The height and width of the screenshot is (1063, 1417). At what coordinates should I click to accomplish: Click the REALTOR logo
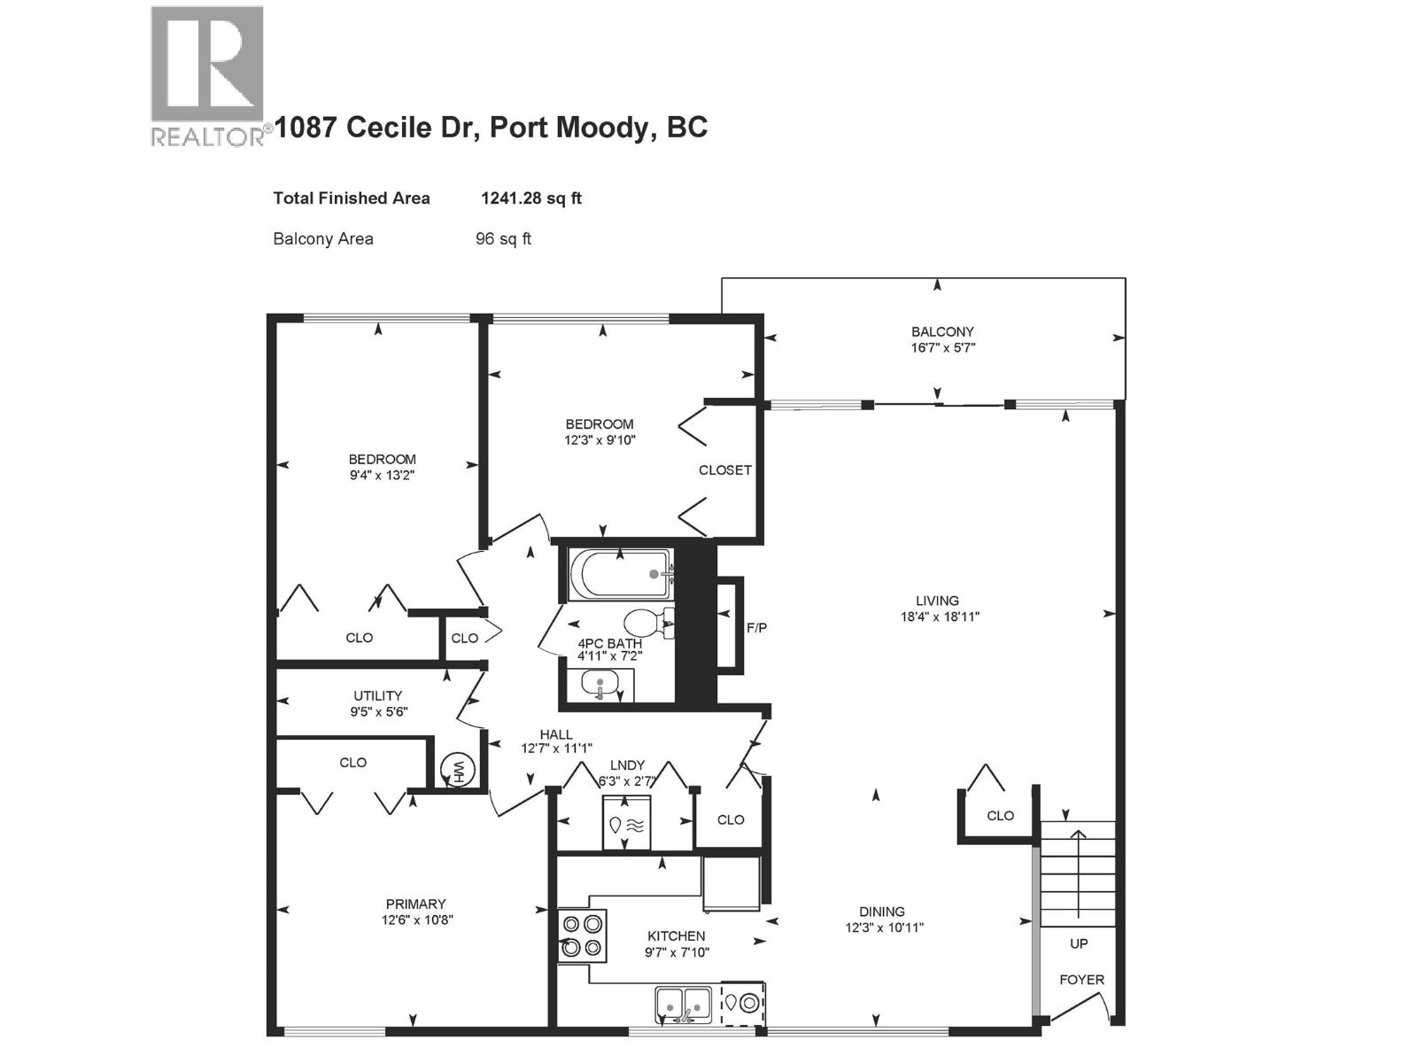207,74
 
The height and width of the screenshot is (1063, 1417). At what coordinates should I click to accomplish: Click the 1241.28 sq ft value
530,198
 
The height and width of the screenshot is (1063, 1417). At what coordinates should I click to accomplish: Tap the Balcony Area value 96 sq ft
503,239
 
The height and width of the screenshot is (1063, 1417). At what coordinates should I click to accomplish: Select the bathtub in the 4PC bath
619,575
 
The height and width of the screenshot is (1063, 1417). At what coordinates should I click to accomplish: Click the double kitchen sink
683,1005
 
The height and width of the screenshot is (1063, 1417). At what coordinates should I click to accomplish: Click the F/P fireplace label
756,628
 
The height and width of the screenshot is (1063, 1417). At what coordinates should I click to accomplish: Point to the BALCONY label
942,332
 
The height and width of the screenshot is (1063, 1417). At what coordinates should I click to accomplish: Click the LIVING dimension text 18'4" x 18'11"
940,617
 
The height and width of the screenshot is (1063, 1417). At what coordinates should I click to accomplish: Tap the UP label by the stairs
1079,944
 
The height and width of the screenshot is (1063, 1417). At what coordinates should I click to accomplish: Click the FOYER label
1081,980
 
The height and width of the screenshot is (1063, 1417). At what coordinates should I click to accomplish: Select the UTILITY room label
377,696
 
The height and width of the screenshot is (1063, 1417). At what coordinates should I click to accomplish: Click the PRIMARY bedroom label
415,904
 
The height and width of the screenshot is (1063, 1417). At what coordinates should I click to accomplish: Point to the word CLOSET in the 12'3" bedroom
724,470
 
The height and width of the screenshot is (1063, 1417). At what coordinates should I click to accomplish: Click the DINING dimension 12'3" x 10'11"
884,928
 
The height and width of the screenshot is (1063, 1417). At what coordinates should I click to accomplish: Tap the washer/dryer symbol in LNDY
626,825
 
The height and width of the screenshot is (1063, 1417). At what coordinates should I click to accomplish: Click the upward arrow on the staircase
1078,873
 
